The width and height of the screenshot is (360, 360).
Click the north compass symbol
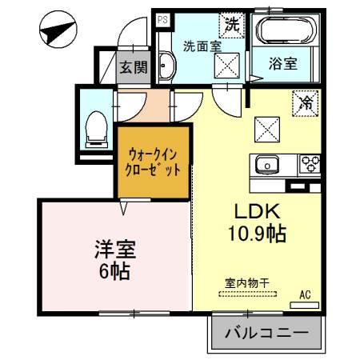(58, 30)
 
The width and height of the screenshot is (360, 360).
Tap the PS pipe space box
(162, 20)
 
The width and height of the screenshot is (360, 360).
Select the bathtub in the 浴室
(286, 30)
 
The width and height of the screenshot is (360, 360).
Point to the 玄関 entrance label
(134, 67)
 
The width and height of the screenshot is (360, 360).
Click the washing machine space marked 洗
(231, 25)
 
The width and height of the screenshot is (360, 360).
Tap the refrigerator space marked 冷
(306, 103)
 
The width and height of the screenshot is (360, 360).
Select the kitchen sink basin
(267, 165)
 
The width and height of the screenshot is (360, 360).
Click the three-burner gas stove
(310, 163)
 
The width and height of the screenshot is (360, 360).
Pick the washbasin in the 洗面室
(166, 66)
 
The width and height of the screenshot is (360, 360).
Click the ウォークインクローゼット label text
(153, 162)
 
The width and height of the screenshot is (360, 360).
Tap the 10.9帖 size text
(257, 234)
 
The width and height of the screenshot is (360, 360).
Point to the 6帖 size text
(114, 271)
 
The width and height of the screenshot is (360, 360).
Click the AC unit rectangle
(305, 305)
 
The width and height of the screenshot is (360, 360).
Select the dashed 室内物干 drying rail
(248, 294)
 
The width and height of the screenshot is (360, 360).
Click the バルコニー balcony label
(266, 333)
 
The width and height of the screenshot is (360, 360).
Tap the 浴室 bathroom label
(283, 64)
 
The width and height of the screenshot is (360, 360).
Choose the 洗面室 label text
(202, 46)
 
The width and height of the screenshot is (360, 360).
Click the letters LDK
(258, 210)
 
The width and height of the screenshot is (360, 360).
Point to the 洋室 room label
(115, 250)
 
